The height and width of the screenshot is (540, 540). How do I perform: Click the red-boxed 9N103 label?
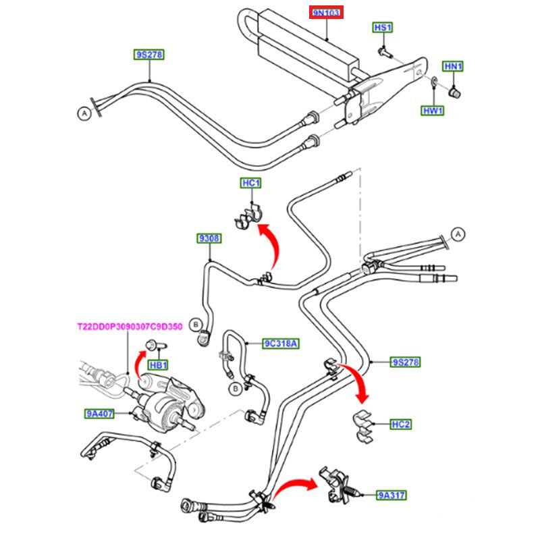(327, 13)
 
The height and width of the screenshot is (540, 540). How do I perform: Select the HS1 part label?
(383, 28)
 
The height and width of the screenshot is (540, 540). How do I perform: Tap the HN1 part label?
(452, 66)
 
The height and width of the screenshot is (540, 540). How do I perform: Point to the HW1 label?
(433, 110)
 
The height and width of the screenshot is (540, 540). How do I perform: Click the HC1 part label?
(251, 184)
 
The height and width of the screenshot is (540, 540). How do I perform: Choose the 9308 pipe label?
(209, 238)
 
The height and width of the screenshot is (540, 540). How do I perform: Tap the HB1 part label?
(158, 365)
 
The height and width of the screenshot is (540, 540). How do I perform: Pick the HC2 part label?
(401, 425)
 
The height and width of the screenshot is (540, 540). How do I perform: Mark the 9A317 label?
(391, 495)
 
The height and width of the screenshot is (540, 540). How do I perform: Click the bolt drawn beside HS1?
(384, 49)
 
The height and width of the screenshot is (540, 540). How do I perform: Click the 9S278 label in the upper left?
(149, 54)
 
